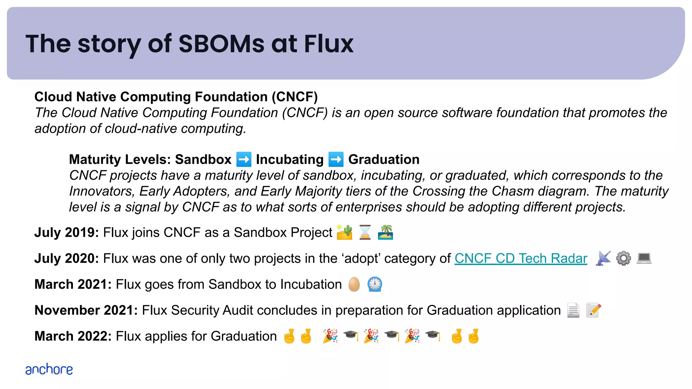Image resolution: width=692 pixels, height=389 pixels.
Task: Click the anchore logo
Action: click(49, 369)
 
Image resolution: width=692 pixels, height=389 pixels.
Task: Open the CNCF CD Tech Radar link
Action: click(521, 259)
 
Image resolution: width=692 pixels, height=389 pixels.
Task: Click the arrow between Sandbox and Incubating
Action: click(244, 159)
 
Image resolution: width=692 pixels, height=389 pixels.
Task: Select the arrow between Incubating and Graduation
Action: click(336, 159)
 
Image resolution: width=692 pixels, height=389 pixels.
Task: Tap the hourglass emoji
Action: click(365, 232)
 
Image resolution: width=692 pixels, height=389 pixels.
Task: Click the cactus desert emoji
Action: click(345, 232)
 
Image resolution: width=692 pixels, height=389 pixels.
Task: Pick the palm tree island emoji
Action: click(386, 232)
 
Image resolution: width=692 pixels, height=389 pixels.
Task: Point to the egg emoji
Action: click(354, 284)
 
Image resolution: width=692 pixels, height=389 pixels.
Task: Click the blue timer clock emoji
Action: click(375, 284)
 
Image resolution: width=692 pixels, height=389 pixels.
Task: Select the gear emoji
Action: click(623, 259)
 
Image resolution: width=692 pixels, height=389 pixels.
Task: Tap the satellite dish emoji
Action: click(603, 259)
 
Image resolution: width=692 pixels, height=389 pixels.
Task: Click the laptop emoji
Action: click(644, 259)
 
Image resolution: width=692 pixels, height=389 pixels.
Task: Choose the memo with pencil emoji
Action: click(594, 310)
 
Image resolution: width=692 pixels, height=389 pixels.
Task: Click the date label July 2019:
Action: click(67, 233)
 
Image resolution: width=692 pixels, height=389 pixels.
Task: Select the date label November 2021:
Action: click(86, 310)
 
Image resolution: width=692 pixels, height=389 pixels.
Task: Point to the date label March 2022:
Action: click(73, 336)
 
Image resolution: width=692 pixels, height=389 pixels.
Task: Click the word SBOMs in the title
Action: click(221, 44)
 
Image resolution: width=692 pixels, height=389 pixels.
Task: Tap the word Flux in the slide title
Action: click(328, 44)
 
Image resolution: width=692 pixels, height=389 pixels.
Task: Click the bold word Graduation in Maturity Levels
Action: click(384, 159)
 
